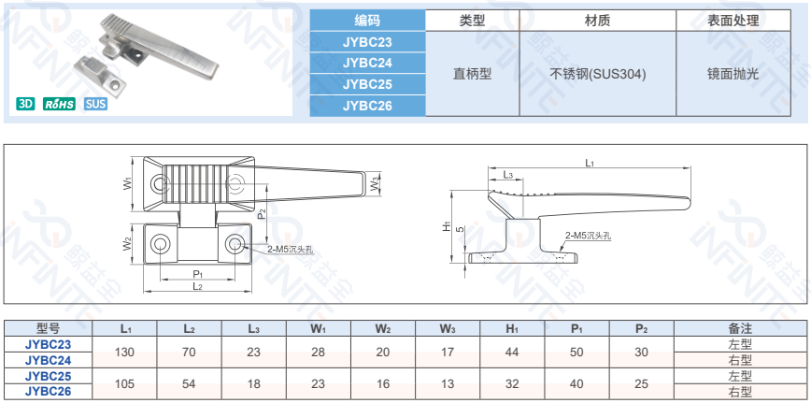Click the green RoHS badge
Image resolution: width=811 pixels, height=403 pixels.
[61, 104]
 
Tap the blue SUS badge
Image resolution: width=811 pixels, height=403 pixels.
[95, 104]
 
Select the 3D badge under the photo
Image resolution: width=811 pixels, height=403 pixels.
[26, 104]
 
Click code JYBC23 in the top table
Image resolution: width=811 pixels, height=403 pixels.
[367, 42]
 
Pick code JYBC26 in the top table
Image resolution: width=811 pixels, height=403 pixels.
[367, 105]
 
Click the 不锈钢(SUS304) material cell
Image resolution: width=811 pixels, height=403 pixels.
[597, 73]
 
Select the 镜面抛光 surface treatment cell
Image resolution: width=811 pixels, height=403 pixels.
[733, 73]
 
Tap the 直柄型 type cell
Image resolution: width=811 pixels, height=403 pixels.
[472, 73]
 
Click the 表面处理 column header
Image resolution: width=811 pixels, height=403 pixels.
[733, 20]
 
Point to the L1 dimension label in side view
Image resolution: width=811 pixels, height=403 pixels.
[590, 163]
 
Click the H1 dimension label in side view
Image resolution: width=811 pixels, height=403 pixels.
[448, 227]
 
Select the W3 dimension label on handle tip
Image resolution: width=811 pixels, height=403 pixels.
[374, 185]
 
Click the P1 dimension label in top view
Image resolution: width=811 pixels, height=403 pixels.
[197, 273]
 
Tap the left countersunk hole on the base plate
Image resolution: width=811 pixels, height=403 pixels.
[161, 245]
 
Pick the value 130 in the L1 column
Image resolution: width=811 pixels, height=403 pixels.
[125, 352]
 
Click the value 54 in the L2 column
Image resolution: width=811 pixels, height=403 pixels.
[189, 382]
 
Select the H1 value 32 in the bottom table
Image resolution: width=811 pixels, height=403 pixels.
[511, 382]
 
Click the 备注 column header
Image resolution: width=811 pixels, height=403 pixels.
[739, 328]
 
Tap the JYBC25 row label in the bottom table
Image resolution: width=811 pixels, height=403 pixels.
[49, 375]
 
